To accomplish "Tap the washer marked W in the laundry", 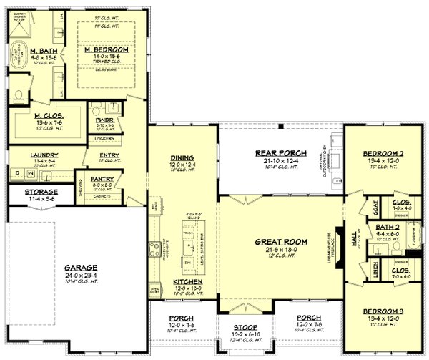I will point(30,172).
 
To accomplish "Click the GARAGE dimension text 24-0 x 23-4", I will point(80,273).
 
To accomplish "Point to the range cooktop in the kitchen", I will point(152,250).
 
